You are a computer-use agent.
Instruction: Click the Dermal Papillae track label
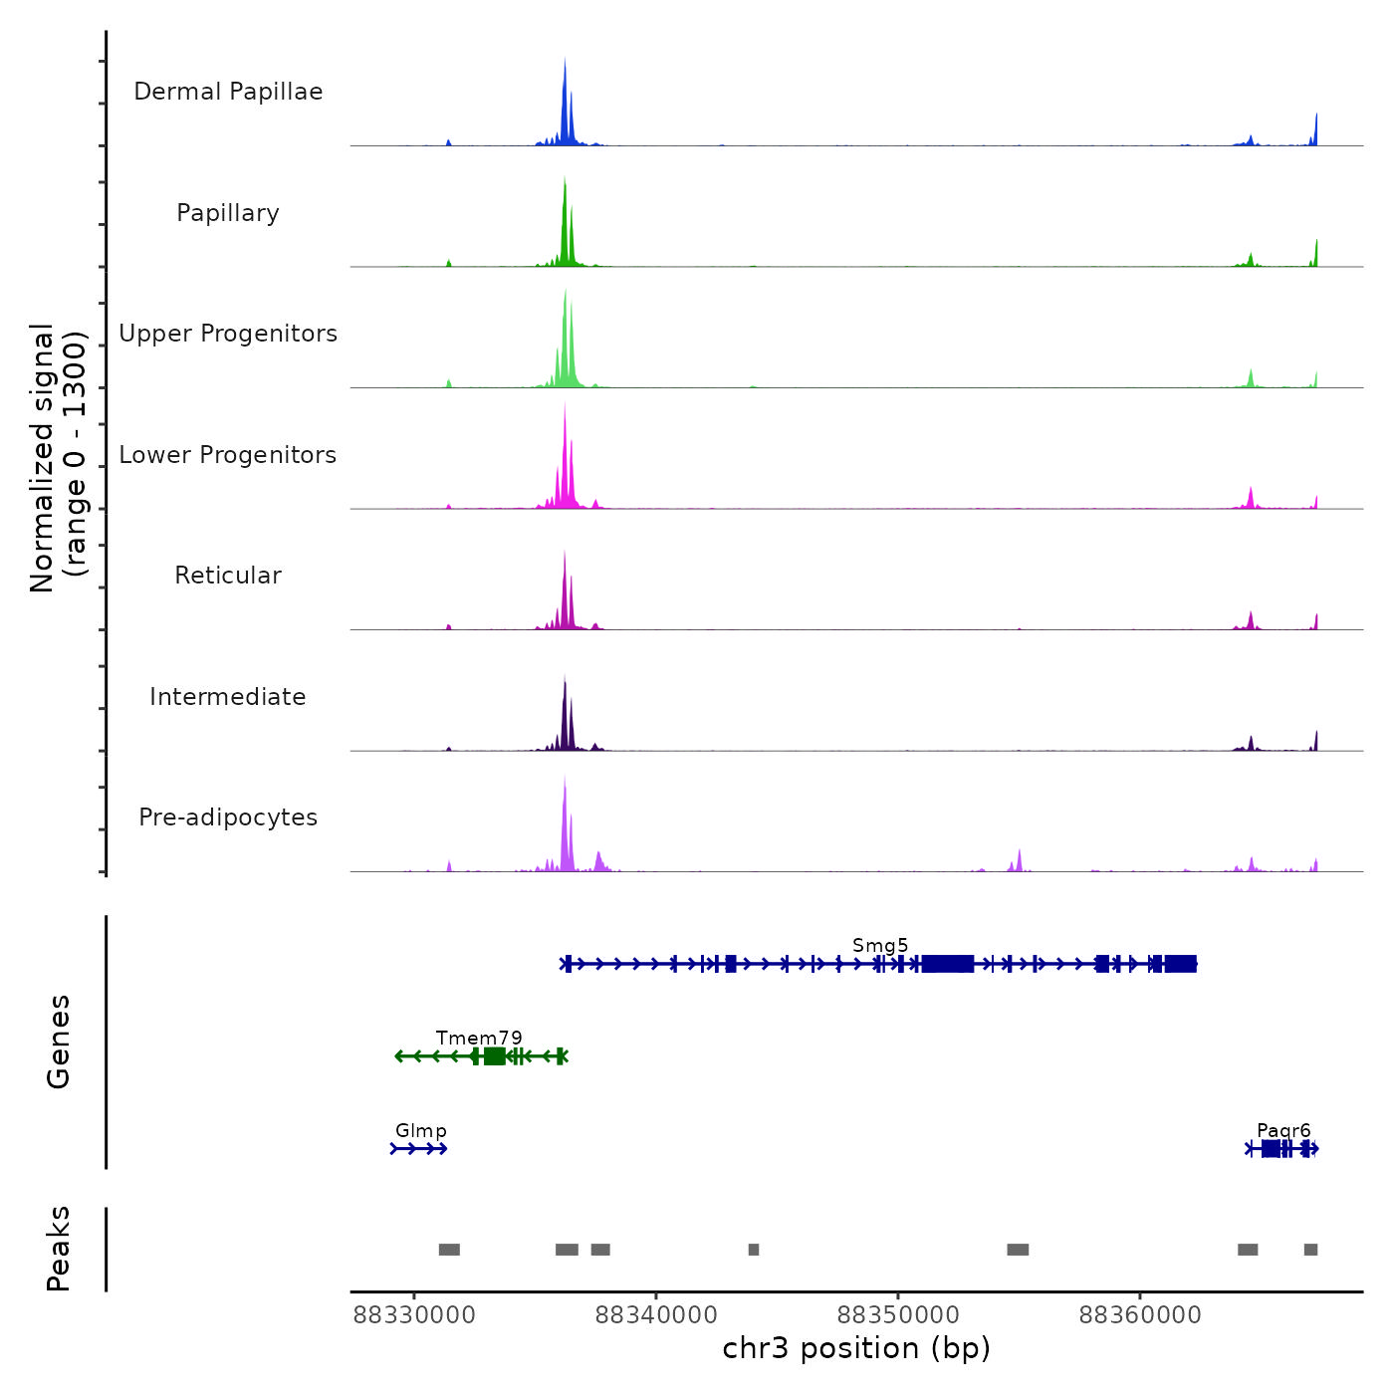point(228,92)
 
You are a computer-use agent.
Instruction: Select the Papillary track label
point(228,213)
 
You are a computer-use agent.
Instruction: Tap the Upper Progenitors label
point(228,334)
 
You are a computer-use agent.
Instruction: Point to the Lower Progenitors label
point(228,455)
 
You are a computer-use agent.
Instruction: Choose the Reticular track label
point(228,576)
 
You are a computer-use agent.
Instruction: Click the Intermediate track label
point(228,697)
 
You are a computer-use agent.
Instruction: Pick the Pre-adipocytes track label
point(228,817)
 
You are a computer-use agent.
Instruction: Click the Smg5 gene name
point(880,945)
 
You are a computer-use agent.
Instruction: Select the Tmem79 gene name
point(479,1038)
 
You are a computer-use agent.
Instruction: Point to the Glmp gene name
point(421,1130)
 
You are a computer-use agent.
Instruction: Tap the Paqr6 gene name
point(1283,1130)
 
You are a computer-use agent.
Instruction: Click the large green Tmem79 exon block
point(494,1056)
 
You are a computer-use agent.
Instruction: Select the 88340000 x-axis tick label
point(656,1315)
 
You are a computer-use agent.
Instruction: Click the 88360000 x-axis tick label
point(1140,1315)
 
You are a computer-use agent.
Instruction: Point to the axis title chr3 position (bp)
point(856,1348)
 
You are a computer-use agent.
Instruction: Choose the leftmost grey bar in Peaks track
point(449,1250)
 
